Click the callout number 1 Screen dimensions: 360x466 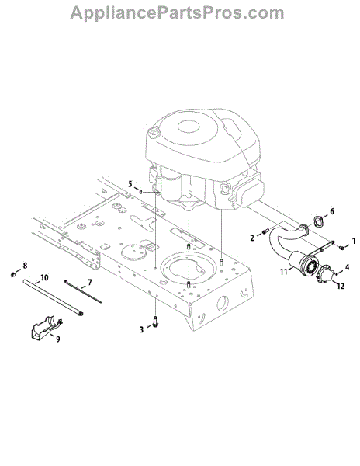[x=353, y=241]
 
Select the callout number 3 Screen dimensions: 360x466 [x=141, y=329]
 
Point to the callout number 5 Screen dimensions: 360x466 [x=130, y=184]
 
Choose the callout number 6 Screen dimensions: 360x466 [x=332, y=211]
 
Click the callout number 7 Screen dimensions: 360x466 [x=90, y=282]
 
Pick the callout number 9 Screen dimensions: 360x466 [x=58, y=339]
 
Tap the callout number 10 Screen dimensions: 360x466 [x=44, y=277]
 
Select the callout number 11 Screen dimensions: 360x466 [x=283, y=271]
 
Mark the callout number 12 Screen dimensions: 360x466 [x=341, y=286]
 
